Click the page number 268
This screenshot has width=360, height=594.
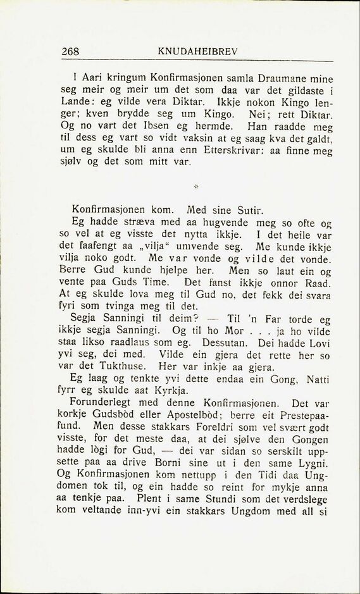point(70,53)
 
